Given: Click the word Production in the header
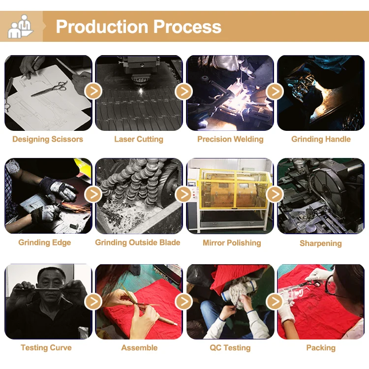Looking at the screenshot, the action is point(102,27).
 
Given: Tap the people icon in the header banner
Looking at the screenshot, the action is point(21,27).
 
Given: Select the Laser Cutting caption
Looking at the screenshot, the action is point(139,139).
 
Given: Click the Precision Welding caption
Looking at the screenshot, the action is point(230,139).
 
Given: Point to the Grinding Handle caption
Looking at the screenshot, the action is point(321,139).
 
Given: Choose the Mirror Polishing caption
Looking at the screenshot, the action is point(232,243).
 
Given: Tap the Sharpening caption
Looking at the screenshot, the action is point(320,243).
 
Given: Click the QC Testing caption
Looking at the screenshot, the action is point(230,347).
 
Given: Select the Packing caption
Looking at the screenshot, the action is point(321,347).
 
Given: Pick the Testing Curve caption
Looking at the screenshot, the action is point(46,347).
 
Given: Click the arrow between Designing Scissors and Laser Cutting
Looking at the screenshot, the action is point(93,91).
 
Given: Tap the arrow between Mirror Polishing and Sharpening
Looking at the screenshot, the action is point(275,194).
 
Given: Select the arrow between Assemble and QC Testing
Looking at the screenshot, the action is point(184,301).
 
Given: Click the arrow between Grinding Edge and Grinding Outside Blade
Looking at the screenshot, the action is point(93,194).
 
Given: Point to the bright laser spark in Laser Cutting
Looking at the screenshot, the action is point(141,91).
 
